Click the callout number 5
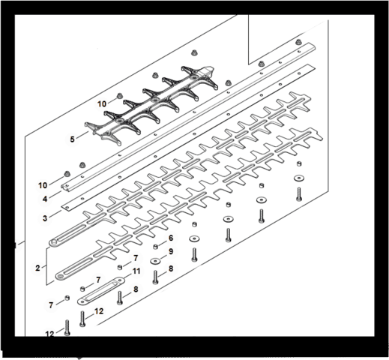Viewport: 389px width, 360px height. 72,139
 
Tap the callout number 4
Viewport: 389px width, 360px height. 45,199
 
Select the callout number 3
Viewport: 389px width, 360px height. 45,218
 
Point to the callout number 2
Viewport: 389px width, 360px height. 37,268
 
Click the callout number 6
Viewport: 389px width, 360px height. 171,238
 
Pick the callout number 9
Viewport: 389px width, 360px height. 171,251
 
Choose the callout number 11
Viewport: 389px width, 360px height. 136,271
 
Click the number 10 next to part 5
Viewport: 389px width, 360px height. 102,103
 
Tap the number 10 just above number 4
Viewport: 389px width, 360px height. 43,185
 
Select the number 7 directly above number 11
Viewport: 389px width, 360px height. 136,258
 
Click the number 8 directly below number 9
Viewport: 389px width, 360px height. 171,268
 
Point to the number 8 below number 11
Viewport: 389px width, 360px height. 136,289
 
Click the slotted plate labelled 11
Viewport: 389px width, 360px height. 100,291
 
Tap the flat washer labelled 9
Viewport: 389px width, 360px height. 155,261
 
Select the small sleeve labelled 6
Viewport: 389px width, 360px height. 155,247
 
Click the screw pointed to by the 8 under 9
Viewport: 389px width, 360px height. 155,277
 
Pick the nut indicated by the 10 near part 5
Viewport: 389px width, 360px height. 120,96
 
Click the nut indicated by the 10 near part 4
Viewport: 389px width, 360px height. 67,174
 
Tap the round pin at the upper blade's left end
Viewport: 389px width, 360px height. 53,242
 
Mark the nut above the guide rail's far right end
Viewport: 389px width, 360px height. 298,42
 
